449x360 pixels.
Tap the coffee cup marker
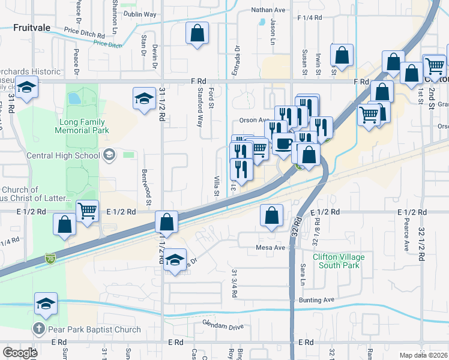click(x=283, y=144)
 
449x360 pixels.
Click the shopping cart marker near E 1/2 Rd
click(x=88, y=211)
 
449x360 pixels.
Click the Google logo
click(x=19, y=353)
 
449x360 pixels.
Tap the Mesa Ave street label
click(x=270, y=247)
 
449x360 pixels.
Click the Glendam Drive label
click(x=223, y=326)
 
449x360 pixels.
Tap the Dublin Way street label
click(x=140, y=14)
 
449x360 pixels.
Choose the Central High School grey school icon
click(x=109, y=155)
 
